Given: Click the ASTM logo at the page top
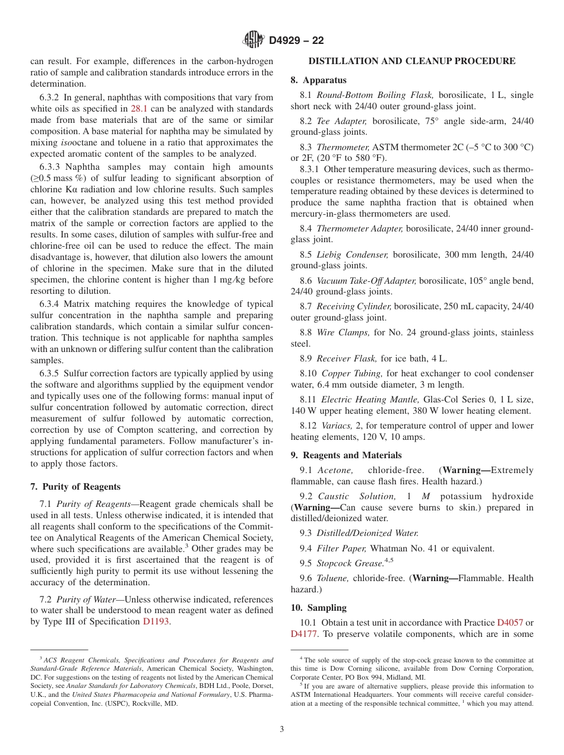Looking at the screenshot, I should [254, 40].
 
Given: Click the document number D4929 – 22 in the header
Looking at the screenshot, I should [296, 40].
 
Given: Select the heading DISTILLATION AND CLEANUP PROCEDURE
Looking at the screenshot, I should [412, 61].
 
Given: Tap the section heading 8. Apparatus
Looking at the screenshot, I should [318, 80].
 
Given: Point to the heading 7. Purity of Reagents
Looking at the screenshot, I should [75, 487].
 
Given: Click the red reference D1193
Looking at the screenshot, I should [156, 621].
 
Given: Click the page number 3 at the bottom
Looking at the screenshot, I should [282, 729].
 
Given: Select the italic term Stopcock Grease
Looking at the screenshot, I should [350, 563].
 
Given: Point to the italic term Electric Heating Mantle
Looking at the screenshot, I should [368, 399].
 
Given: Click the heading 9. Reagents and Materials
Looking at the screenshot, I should [346, 455].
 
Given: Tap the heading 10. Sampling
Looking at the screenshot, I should [318, 608].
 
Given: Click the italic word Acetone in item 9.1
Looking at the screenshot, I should [335, 470].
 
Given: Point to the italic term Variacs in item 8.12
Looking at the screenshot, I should [336, 426].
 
